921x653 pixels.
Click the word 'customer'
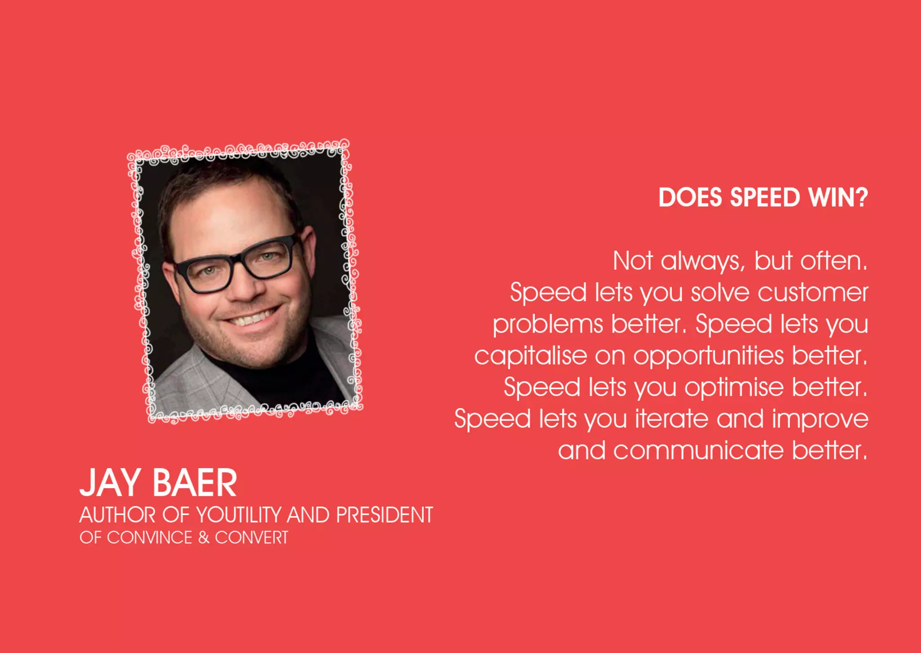click(x=813, y=293)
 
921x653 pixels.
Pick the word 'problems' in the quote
click(x=547, y=325)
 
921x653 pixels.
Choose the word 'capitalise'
click(x=531, y=356)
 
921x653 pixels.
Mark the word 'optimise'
click(x=734, y=388)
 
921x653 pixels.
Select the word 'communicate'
click(x=698, y=451)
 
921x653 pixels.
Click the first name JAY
click(x=111, y=483)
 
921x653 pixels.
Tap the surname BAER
click(x=195, y=483)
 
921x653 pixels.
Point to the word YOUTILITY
click(x=239, y=515)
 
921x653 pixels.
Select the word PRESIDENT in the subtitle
click(x=384, y=515)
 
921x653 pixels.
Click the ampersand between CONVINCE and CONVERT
click(x=204, y=538)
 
